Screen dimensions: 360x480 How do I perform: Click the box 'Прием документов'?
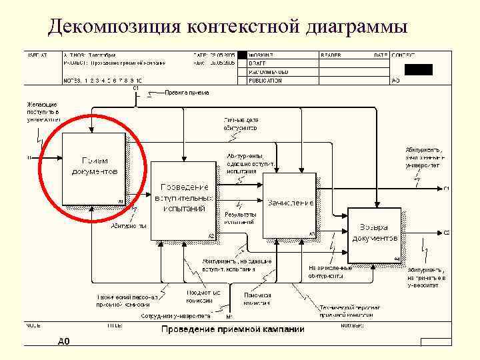point(93,168)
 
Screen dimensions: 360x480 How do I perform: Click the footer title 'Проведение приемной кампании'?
point(232,329)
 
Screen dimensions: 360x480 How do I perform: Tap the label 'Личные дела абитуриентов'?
point(240,123)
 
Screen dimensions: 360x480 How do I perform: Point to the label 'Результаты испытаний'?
point(240,217)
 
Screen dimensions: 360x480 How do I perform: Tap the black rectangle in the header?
point(419,69)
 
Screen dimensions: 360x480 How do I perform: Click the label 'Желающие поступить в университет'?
point(43,112)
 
